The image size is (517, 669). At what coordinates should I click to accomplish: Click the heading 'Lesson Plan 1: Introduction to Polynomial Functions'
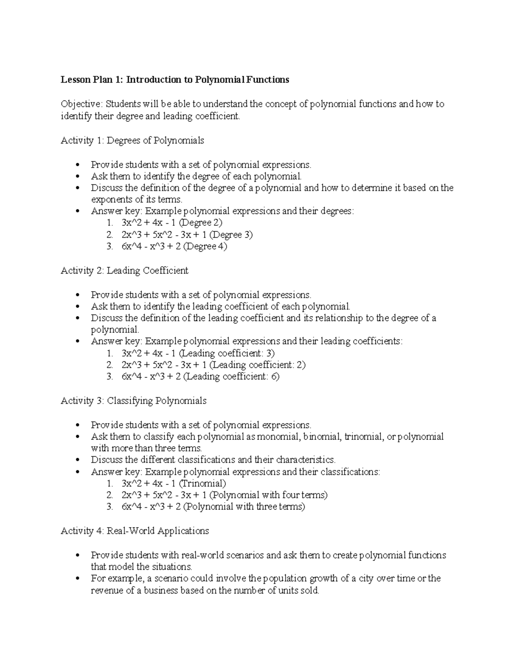tap(174, 80)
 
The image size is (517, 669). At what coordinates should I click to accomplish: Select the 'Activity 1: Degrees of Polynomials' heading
tap(132, 140)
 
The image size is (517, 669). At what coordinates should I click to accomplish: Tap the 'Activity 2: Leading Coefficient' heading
tap(125, 271)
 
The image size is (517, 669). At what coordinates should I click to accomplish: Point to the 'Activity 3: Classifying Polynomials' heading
tap(134, 401)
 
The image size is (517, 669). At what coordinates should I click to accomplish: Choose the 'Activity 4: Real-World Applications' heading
tap(135, 531)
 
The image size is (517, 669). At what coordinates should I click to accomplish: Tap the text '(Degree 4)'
tap(205, 246)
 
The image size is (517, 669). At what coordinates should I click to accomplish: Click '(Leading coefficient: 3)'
tap(227, 353)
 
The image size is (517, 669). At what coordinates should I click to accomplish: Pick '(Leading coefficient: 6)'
tap(231, 377)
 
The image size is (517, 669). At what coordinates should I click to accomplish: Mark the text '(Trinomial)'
tap(202, 483)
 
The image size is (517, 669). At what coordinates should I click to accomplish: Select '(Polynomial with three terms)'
tap(244, 507)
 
